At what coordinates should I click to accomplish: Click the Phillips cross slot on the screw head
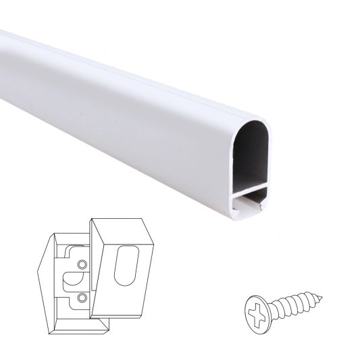click(x=255, y=309)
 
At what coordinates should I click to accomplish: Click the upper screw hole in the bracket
click(x=82, y=263)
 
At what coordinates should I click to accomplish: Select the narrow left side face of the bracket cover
click(x=96, y=270)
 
